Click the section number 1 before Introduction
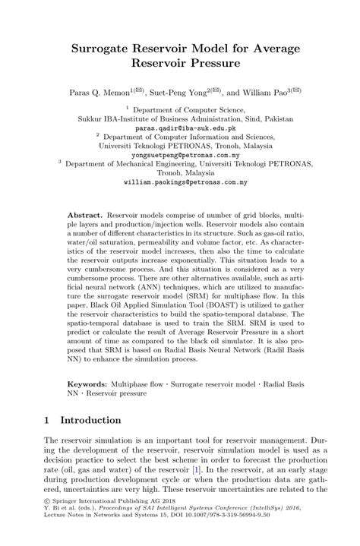[48, 419]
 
